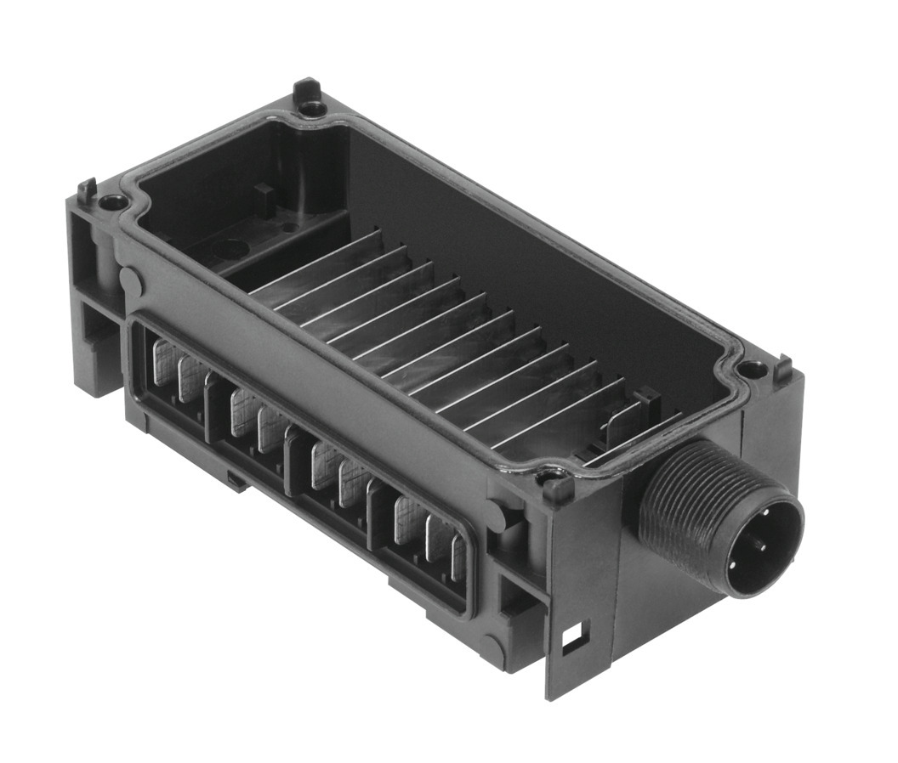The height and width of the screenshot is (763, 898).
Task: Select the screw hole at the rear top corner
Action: point(312,108)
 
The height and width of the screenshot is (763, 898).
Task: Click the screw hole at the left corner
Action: point(111,202)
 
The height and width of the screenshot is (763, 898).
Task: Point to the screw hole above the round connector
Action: point(751,369)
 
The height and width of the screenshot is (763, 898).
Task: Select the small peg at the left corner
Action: point(86,189)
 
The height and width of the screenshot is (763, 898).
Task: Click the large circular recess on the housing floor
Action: point(230,250)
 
